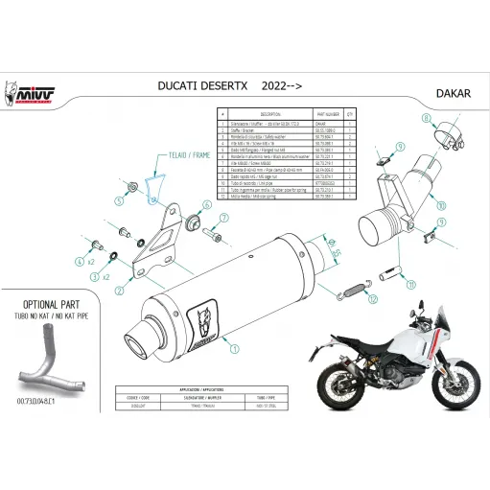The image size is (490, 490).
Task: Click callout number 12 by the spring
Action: tap(382, 285)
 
